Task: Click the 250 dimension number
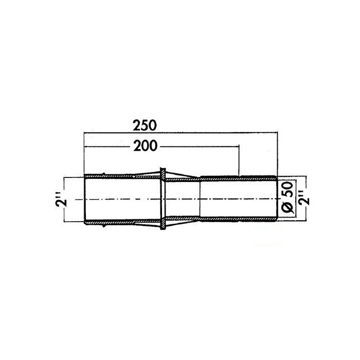(145, 125)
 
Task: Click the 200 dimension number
(146, 146)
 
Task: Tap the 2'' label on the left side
(61, 200)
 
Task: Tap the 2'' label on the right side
(304, 197)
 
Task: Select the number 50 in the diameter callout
(288, 189)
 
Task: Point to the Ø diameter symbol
(287, 207)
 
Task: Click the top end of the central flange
(163, 169)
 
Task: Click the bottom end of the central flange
(163, 229)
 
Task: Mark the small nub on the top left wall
(104, 174)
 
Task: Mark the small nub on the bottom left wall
(104, 226)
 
